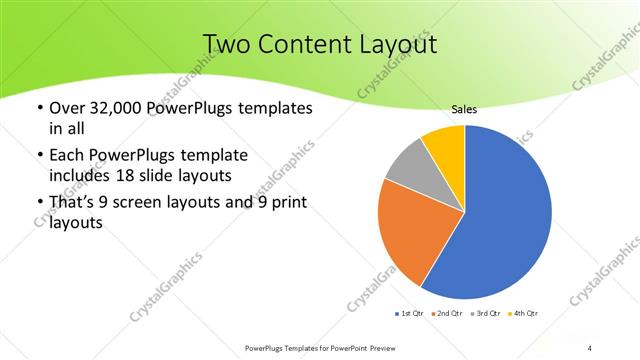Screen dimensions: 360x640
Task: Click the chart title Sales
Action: (x=464, y=109)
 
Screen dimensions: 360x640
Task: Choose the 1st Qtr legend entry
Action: (x=410, y=314)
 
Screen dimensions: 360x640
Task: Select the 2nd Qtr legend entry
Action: (x=446, y=314)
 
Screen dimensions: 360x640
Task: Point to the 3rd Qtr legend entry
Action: (x=484, y=314)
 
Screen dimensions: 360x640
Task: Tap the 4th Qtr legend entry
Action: (x=521, y=314)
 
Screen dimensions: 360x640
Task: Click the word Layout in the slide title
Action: (x=396, y=45)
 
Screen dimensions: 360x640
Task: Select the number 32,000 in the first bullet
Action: (x=110, y=108)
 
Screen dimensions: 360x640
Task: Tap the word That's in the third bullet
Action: (x=74, y=204)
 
